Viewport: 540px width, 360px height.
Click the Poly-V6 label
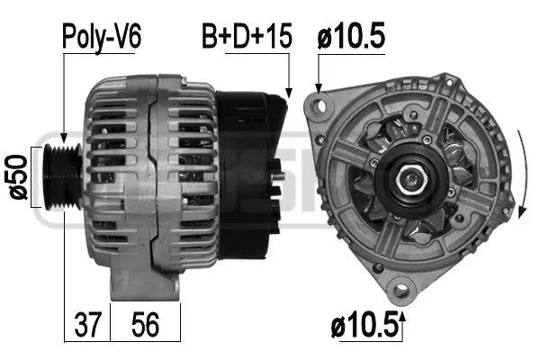[102, 37]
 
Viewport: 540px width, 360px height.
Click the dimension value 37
[87, 324]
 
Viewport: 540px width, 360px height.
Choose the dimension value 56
[144, 324]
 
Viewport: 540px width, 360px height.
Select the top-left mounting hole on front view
[317, 106]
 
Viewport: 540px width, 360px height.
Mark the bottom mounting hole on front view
[402, 289]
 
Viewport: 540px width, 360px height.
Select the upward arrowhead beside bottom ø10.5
[402, 317]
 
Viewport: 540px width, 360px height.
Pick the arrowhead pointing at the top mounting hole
[318, 92]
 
